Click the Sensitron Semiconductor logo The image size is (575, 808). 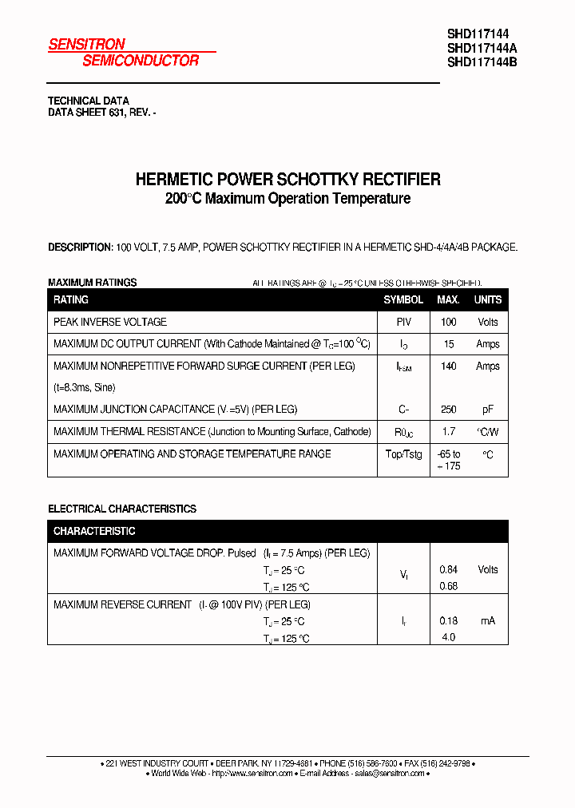124,53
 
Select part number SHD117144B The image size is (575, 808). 482,62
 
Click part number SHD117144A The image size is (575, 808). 482,48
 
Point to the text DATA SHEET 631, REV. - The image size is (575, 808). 101,113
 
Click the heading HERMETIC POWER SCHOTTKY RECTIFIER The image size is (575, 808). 287,180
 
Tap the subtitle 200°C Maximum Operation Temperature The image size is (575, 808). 287,199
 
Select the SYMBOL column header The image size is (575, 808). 403,300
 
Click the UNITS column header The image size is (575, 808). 488,300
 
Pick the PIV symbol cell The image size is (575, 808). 403,322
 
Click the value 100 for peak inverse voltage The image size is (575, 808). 448,322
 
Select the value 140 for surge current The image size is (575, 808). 448,366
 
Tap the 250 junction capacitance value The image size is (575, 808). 448,410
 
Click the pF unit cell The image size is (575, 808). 488,410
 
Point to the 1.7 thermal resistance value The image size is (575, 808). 448,431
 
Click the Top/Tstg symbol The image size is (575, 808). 403,454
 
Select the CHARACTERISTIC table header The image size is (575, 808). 94,531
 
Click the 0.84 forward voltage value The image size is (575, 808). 448,569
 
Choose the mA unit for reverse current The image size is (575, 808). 488,620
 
